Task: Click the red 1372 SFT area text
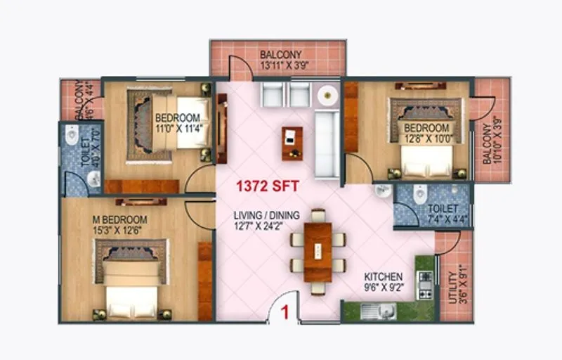point(267,187)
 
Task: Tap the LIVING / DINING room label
point(267,214)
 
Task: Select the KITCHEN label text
point(383,276)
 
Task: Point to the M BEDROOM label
point(119,219)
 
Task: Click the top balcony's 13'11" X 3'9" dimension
point(280,66)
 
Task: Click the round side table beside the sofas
point(327,94)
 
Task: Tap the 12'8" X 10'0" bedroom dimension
point(426,139)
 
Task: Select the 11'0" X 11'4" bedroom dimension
point(178,129)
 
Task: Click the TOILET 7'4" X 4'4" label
point(443,214)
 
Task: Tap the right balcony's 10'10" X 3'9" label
point(492,139)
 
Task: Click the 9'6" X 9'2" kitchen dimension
point(383,287)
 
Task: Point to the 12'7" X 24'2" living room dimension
point(267,225)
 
